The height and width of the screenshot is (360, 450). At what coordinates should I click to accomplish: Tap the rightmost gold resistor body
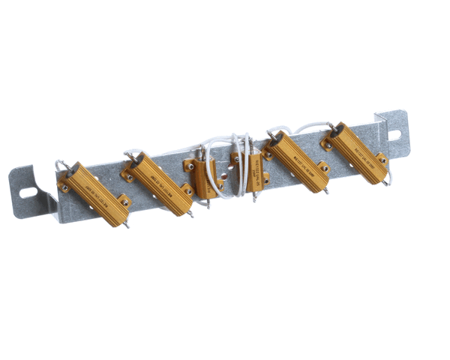pos(358,154)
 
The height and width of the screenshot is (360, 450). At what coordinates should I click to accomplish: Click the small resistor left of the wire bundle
pos(203,178)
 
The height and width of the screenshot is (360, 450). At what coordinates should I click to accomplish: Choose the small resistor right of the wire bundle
pos(253,175)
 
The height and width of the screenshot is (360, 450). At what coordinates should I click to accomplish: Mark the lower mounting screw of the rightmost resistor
pos(381,158)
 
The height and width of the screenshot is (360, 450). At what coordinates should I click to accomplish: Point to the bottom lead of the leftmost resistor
pos(126,222)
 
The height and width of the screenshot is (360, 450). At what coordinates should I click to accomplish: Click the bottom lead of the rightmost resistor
pos(387,180)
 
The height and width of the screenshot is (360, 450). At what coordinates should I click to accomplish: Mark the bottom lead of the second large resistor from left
pos(191,213)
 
